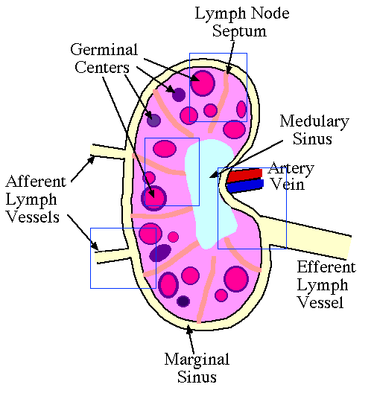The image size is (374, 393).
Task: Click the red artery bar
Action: pyautogui.click(x=244, y=176)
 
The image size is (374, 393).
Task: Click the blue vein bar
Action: pyautogui.click(x=245, y=186)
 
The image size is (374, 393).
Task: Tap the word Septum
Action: pyautogui.click(x=239, y=32)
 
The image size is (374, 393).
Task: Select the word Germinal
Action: pyautogui.click(x=104, y=50)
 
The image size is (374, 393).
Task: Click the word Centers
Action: pyautogui.click(x=102, y=68)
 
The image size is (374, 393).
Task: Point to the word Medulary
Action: pyautogui.click(x=314, y=122)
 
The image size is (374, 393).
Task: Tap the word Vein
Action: pyautogui.click(x=288, y=185)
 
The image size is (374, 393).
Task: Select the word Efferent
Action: pyautogui.click(x=326, y=266)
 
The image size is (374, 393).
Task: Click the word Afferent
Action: pyautogui.click(x=36, y=181)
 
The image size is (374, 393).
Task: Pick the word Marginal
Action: pyautogui.click(x=197, y=360)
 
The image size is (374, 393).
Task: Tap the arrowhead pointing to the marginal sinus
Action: pyautogui.click(x=189, y=329)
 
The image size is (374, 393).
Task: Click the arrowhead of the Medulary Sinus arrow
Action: pyautogui.click(x=213, y=175)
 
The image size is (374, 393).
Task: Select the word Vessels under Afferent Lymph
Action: pyautogui.click(x=33, y=217)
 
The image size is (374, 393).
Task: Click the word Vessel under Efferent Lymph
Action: pyautogui.click(x=320, y=302)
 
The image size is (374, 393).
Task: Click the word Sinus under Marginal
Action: pyautogui.click(x=197, y=377)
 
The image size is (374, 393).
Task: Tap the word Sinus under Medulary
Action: pyautogui.click(x=313, y=138)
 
